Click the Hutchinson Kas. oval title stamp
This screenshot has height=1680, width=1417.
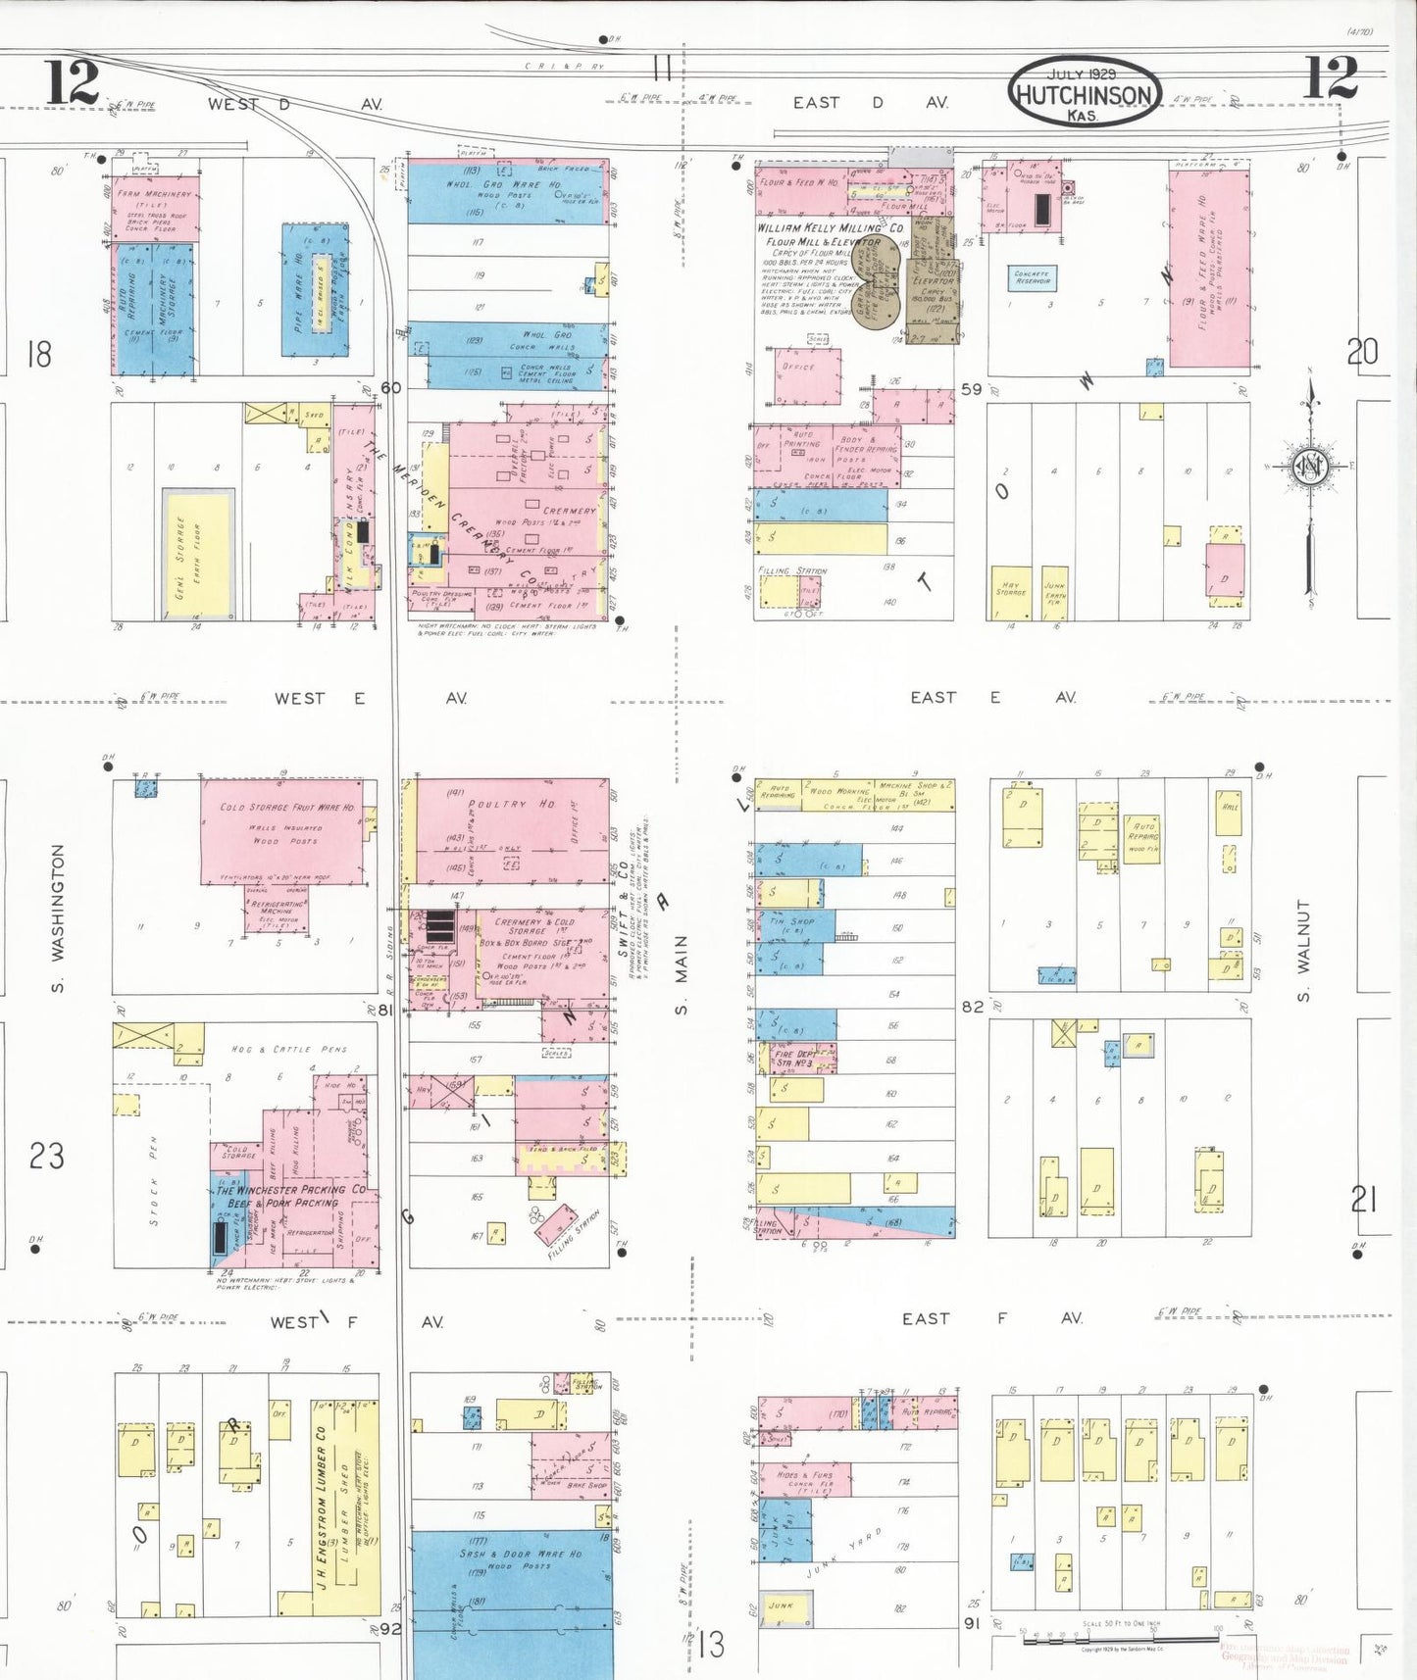pos(1083,92)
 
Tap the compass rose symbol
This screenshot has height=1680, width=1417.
pos(1310,466)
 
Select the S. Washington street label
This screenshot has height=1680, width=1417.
pos(58,917)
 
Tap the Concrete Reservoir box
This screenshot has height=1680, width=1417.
pos(1032,278)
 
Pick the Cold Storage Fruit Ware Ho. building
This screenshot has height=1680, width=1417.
pos(283,832)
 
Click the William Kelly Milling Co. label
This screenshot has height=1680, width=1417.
pos(830,228)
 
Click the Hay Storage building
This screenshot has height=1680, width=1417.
pos(1011,592)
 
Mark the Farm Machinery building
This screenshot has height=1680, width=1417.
pos(155,207)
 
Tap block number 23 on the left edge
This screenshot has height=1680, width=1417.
pos(46,1156)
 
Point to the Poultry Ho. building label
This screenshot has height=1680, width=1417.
pos(511,804)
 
